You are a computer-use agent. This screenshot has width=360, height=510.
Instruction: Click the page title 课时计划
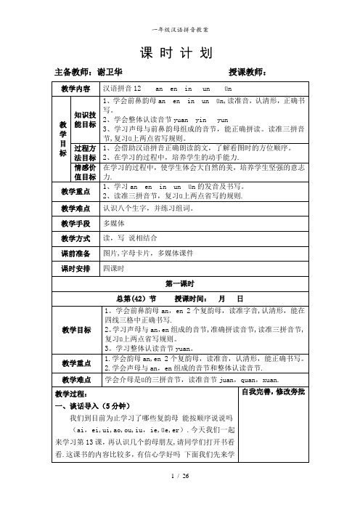point(179,52)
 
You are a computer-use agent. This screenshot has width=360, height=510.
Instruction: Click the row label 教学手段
point(75,223)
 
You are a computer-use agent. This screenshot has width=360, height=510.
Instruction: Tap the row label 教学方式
point(75,238)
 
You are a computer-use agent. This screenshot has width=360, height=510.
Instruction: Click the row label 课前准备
point(75,254)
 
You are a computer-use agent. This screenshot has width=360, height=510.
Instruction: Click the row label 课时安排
point(75,269)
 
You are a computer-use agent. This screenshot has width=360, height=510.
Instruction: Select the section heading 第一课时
point(181,284)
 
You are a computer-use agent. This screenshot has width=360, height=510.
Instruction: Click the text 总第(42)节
point(135,299)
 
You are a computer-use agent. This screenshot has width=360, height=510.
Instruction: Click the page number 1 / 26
point(180,495)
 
